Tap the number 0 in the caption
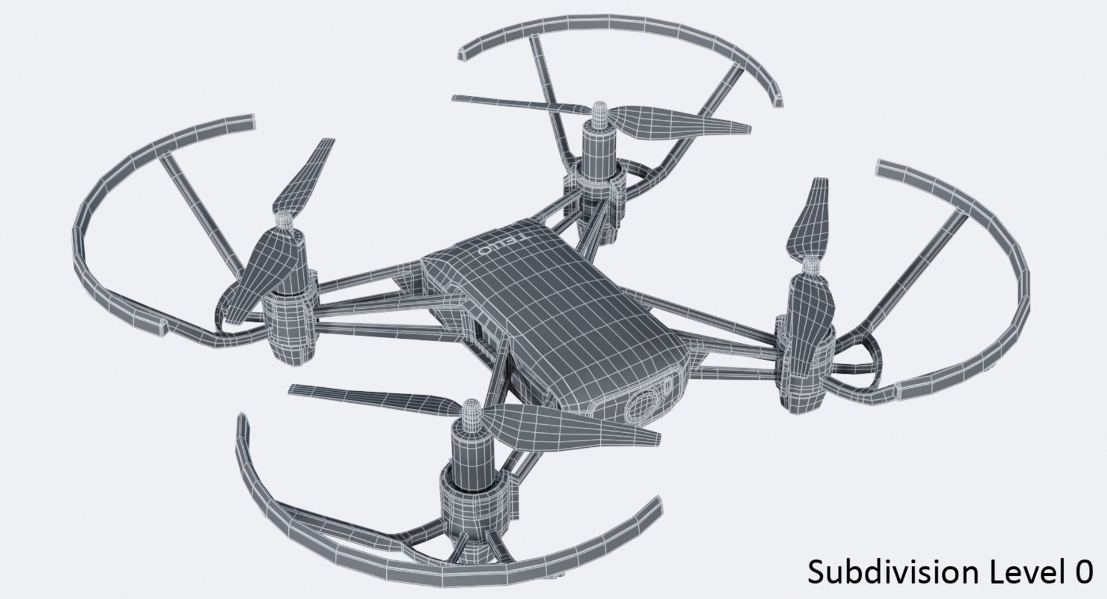click(1083, 573)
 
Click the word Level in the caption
click(1022, 573)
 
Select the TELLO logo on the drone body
click(496, 246)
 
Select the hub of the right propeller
click(811, 265)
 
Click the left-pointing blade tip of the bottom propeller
click(293, 389)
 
